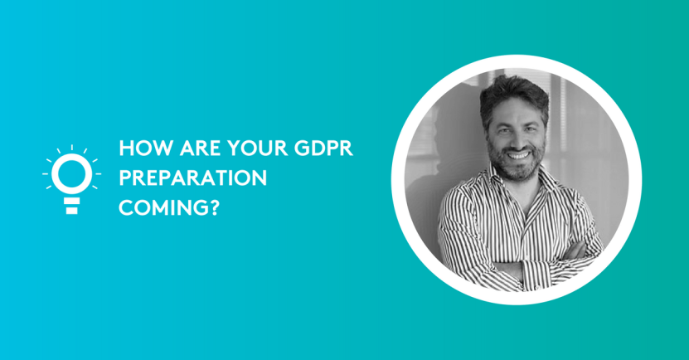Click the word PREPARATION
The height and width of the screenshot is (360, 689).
coord(192,178)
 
